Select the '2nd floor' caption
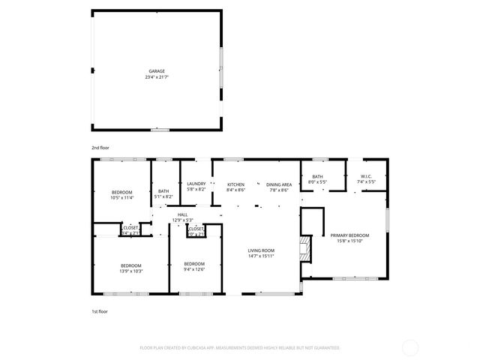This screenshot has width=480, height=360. point(100,148)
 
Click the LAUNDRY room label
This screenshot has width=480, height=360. point(196,184)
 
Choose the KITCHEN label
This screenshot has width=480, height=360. point(235,184)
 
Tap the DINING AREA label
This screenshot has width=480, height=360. point(277,184)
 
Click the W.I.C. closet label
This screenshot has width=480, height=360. point(365,176)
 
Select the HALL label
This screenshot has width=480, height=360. point(182,214)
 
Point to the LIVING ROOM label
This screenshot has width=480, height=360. point(262,250)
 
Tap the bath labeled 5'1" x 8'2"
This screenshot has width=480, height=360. point(163,194)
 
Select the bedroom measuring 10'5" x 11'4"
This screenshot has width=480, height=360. point(121,195)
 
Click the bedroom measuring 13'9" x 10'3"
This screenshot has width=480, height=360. point(131,267)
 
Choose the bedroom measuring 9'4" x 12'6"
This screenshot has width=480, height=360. point(194,266)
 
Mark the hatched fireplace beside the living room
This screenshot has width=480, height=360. point(304,249)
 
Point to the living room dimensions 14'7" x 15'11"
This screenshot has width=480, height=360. point(262,256)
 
